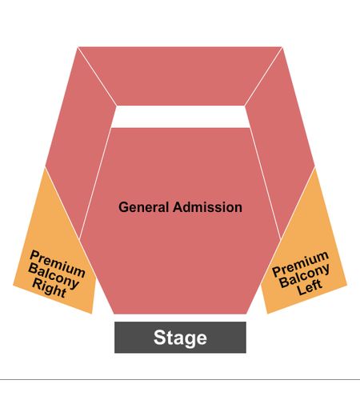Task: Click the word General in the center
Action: point(143,207)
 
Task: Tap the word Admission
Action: point(207,207)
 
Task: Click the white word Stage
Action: point(180,338)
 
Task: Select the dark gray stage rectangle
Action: point(180,338)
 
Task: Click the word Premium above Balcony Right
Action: point(58,263)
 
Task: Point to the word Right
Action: point(50,288)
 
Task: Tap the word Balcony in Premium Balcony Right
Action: point(54,276)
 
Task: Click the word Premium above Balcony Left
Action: point(301,264)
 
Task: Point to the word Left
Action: point(310,287)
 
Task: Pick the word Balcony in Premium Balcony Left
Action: point(305,276)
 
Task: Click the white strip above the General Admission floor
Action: point(181,117)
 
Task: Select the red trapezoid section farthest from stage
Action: point(180,76)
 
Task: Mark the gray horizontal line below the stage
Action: point(180,379)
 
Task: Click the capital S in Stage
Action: point(160,337)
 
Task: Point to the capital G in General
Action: point(123,207)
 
